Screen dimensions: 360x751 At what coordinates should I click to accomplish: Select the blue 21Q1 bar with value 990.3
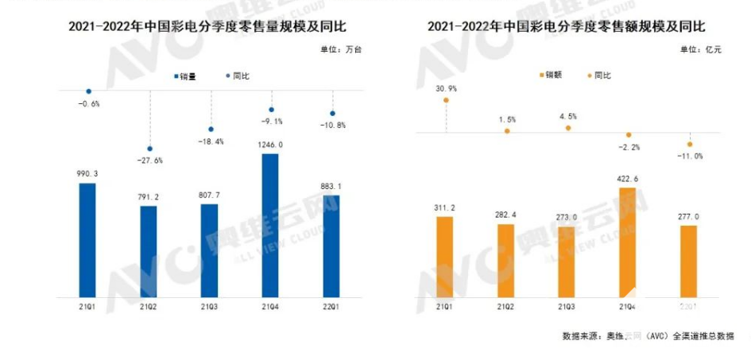(x=88, y=238)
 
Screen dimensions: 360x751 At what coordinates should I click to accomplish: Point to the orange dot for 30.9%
(x=447, y=100)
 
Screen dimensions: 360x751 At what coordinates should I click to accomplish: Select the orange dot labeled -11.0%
(x=689, y=144)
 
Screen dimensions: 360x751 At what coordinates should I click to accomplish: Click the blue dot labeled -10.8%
(x=332, y=113)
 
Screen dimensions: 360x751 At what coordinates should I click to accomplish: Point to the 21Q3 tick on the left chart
(x=210, y=305)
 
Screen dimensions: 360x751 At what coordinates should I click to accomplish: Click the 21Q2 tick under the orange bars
(x=506, y=305)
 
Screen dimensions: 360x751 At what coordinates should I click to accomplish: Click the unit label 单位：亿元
(x=700, y=51)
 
